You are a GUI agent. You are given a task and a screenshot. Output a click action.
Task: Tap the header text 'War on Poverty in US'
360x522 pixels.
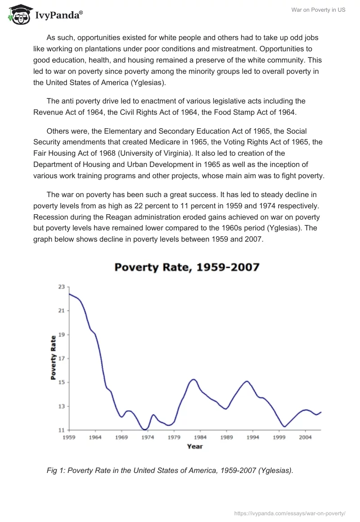319,10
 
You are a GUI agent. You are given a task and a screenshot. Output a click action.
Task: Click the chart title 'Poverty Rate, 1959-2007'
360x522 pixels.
187,267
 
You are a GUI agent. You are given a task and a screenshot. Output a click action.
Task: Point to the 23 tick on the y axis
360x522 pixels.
62,287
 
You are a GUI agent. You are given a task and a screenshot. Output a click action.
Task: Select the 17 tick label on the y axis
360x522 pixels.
62,359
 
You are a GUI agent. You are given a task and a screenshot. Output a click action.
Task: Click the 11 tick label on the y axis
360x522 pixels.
62,430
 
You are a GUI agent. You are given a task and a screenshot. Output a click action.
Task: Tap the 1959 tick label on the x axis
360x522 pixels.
69,437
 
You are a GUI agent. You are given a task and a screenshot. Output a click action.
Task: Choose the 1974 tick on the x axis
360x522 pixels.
148,437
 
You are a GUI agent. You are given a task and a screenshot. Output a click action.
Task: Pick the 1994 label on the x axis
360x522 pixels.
252,437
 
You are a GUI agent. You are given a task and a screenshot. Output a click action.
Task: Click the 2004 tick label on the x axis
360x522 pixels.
305,437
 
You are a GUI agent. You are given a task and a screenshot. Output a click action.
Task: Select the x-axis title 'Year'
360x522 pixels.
195,446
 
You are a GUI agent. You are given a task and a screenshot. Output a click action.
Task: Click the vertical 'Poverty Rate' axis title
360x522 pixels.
53,358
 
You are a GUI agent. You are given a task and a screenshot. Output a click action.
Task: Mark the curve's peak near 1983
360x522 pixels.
193,379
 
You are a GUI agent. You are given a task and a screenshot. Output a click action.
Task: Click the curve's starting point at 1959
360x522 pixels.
69,293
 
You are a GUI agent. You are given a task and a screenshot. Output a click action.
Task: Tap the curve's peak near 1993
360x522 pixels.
247,381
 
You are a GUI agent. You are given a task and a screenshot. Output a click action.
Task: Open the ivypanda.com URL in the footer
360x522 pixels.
290,513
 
